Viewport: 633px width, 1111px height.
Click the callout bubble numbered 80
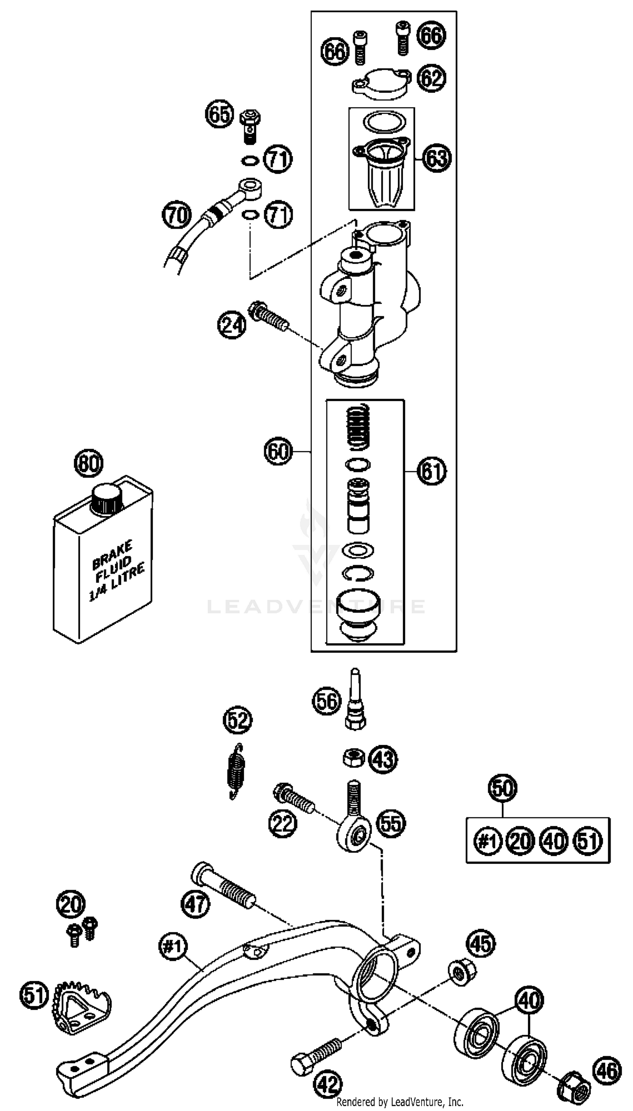89,463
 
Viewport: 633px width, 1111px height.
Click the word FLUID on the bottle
114,566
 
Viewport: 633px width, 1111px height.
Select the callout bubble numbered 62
431,78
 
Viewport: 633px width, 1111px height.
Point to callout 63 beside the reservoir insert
436,158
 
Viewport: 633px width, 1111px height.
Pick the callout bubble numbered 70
176,215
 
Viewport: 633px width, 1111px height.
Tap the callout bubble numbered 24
231,324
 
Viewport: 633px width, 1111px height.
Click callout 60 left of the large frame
278,452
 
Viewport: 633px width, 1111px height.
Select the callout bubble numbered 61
432,471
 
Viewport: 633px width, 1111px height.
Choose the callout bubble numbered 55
391,823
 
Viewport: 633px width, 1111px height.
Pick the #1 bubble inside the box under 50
487,841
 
